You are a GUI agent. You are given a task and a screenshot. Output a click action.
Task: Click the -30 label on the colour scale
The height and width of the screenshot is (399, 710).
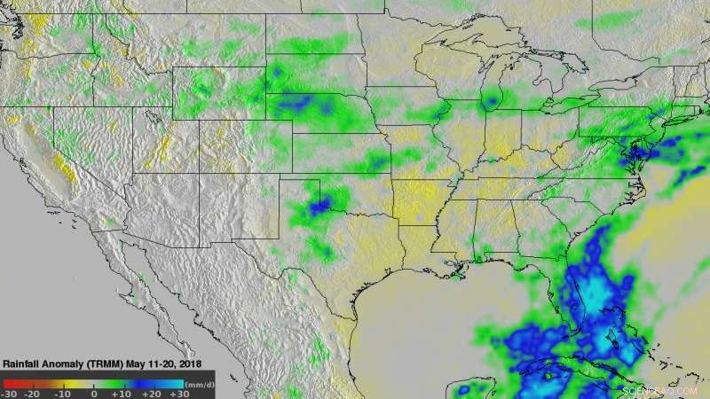pyautogui.click(x=10, y=393)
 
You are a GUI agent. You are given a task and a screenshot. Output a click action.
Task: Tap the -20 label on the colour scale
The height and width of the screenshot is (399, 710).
pyautogui.click(x=33, y=393)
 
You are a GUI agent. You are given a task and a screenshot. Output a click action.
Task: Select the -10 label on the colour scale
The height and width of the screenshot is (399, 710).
pyautogui.click(x=61, y=393)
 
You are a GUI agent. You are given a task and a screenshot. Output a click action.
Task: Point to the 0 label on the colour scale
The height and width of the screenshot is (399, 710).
pyautogui.click(x=94, y=393)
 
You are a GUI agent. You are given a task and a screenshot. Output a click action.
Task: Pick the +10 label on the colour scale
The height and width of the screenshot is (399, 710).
pyautogui.click(x=122, y=393)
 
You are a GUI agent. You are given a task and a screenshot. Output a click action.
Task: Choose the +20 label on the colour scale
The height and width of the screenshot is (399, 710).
pyautogui.click(x=150, y=393)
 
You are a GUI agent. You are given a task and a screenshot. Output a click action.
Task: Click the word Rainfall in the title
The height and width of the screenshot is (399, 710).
pyautogui.click(x=25, y=364)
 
